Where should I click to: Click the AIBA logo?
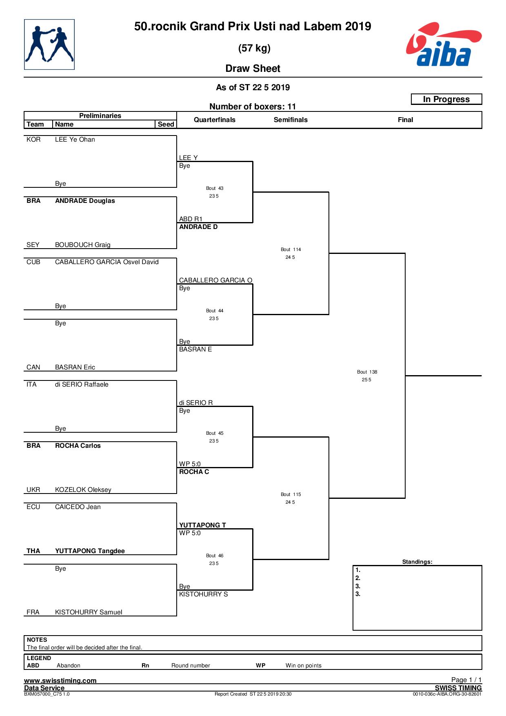point(444,44)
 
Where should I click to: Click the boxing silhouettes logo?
point(49,44)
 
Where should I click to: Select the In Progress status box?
point(446,99)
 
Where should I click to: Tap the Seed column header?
point(166,124)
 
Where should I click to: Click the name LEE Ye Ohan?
point(75,140)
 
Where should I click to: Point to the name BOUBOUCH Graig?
point(83,245)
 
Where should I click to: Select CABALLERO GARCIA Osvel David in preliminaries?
point(107,262)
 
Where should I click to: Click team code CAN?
point(33,367)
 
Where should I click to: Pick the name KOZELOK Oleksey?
point(83,490)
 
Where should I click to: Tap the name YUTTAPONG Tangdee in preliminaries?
point(90,551)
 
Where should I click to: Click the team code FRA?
point(33,612)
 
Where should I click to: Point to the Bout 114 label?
point(291,249)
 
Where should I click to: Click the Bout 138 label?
point(367,372)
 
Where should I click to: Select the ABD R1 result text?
point(191,219)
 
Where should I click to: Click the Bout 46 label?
point(215,556)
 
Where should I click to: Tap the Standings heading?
point(417,562)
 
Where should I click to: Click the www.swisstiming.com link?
point(60,680)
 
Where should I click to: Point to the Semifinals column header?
point(291,120)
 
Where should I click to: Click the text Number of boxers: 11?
point(253,107)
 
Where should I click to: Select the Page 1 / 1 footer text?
point(466,680)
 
